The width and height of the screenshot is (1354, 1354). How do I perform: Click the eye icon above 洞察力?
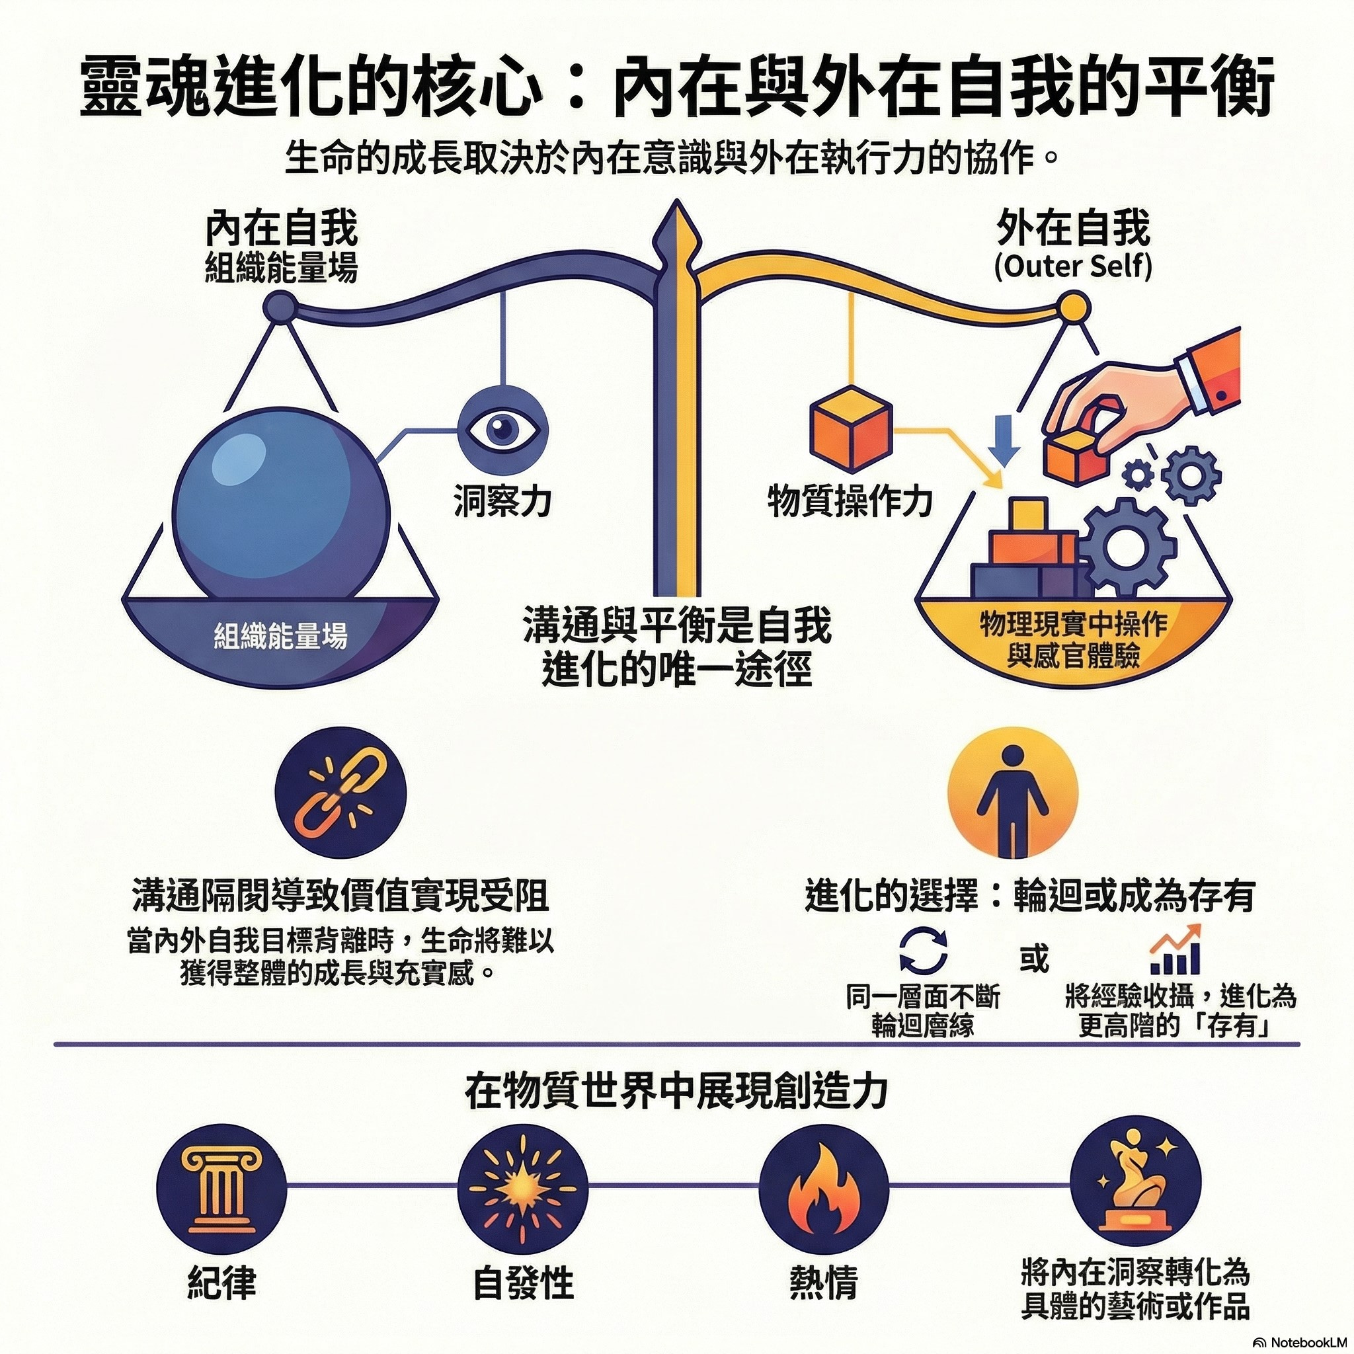click(x=502, y=428)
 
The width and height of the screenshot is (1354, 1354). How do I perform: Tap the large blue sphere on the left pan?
click(x=279, y=500)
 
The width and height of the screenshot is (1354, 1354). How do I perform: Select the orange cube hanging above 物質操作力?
click(x=850, y=430)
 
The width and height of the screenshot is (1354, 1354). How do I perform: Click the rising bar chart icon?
click(x=1177, y=949)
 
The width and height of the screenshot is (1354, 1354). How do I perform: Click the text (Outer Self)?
click(x=1073, y=268)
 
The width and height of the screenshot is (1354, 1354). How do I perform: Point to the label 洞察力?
click(x=502, y=501)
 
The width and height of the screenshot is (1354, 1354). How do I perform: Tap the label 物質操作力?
click(x=850, y=502)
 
